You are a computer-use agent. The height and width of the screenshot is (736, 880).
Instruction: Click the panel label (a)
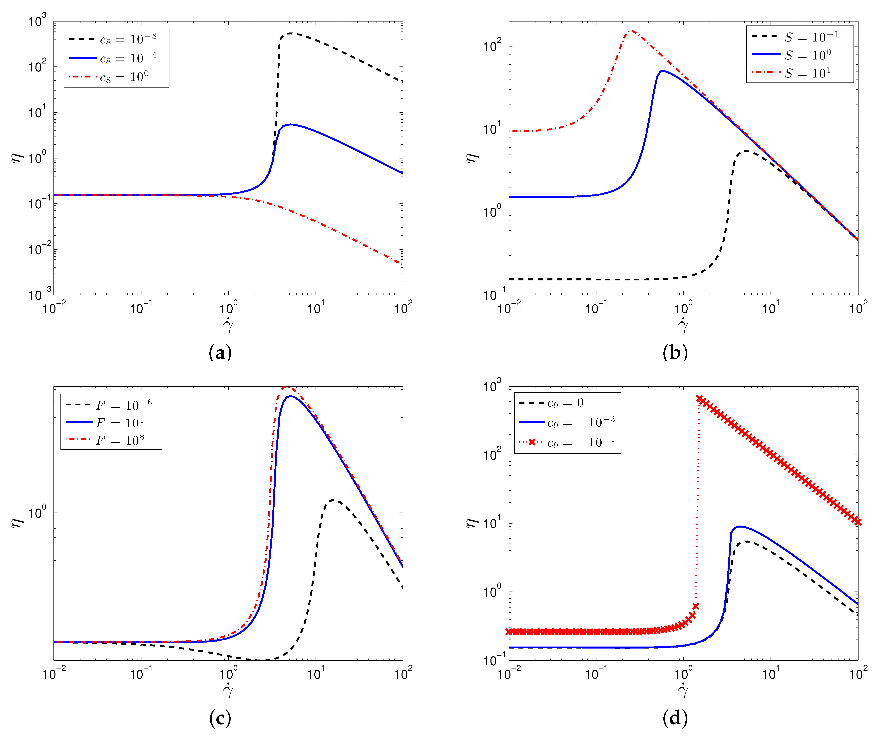[220, 352]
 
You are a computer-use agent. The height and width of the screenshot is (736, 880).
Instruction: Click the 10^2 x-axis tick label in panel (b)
[858, 308]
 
